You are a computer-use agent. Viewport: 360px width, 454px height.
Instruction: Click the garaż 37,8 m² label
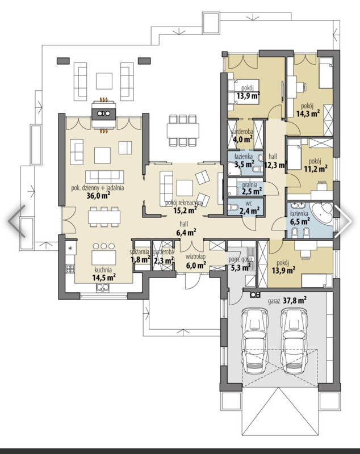287,301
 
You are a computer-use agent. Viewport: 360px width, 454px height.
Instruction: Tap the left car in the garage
253,341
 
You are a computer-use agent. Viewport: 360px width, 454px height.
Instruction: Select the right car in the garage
294,341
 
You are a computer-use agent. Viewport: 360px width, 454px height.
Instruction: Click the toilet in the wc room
233,207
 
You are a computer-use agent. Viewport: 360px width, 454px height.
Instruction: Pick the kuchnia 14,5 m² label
104,274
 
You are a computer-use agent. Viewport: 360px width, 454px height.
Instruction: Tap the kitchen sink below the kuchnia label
103,287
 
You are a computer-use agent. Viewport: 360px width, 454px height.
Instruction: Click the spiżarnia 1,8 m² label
140,256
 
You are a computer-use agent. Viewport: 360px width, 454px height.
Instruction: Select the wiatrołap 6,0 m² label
195,260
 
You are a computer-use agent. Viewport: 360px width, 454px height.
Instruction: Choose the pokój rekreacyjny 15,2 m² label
185,207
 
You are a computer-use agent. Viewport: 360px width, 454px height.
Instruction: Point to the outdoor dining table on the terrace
183,131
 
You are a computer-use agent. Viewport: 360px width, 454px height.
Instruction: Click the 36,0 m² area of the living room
98,196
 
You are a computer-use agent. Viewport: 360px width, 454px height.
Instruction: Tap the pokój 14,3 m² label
308,110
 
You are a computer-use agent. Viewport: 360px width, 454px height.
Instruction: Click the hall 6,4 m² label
186,228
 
